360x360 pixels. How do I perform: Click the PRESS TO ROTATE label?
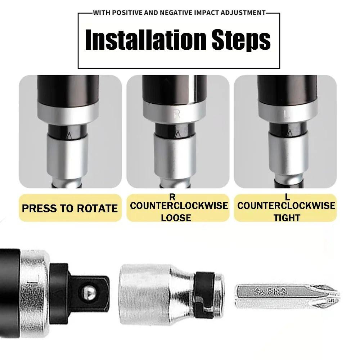pos(70,208)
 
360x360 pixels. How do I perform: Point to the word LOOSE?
pos(176,217)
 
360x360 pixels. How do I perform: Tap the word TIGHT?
pos(287,217)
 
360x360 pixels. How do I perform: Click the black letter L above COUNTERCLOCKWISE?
pos(287,197)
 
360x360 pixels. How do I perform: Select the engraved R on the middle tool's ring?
pos(177,114)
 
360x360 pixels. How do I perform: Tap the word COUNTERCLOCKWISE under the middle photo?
pos(179,206)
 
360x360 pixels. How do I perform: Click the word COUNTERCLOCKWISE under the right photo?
pos(286,206)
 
